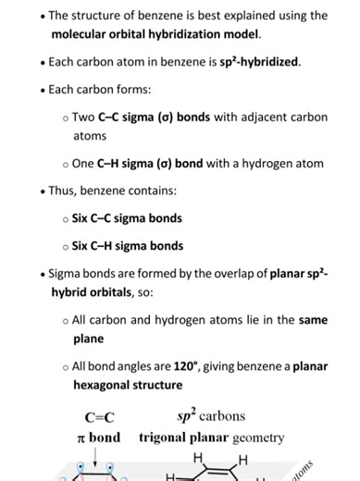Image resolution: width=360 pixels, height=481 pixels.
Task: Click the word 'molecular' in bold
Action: pyautogui.click(x=83, y=34)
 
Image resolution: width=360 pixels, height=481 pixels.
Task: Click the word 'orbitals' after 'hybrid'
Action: pyautogui.click(x=122, y=291)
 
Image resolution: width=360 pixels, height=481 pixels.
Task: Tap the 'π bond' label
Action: pyautogui.click(x=98, y=437)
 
